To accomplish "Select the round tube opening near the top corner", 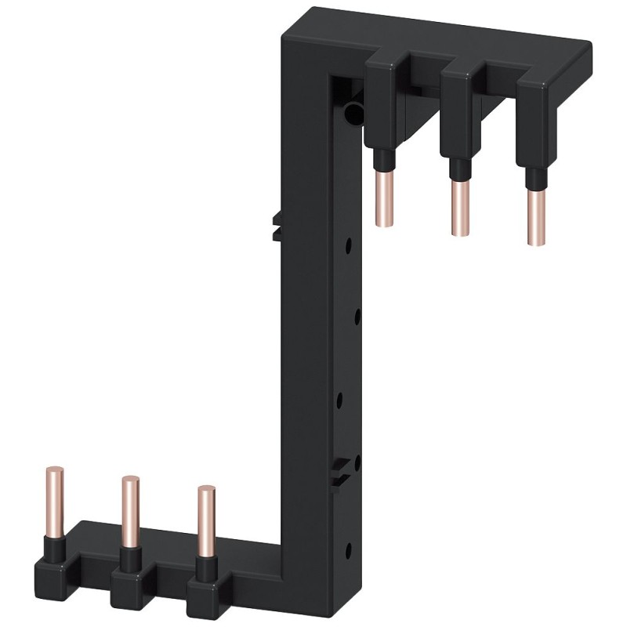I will coord(353,114).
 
